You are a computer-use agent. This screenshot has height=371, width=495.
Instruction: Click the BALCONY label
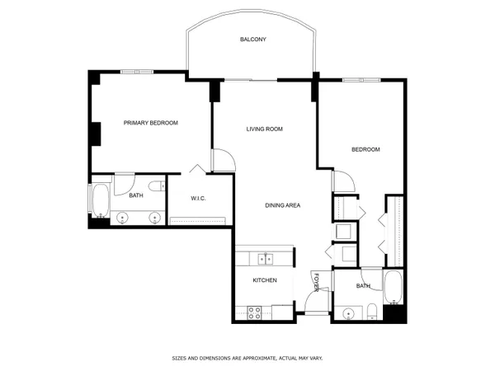(252, 40)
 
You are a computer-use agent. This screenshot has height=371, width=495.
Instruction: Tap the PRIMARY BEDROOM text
(150, 123)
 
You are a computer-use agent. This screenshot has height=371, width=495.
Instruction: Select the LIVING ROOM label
(265, 129)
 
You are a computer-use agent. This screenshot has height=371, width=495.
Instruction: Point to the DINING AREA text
(281, 205)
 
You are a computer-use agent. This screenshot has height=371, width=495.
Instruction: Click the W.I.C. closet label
(198, 199)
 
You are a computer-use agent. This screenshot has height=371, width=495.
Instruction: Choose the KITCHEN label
(264, 280)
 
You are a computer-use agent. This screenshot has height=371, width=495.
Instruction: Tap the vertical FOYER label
(315, 282)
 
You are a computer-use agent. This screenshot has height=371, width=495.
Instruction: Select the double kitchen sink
(266, 259)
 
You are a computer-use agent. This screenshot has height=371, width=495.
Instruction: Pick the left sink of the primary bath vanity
(122, 218)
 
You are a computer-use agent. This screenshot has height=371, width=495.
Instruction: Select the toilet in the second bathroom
(372, 311)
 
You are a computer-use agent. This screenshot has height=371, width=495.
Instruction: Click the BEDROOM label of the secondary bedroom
(365, 149)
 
